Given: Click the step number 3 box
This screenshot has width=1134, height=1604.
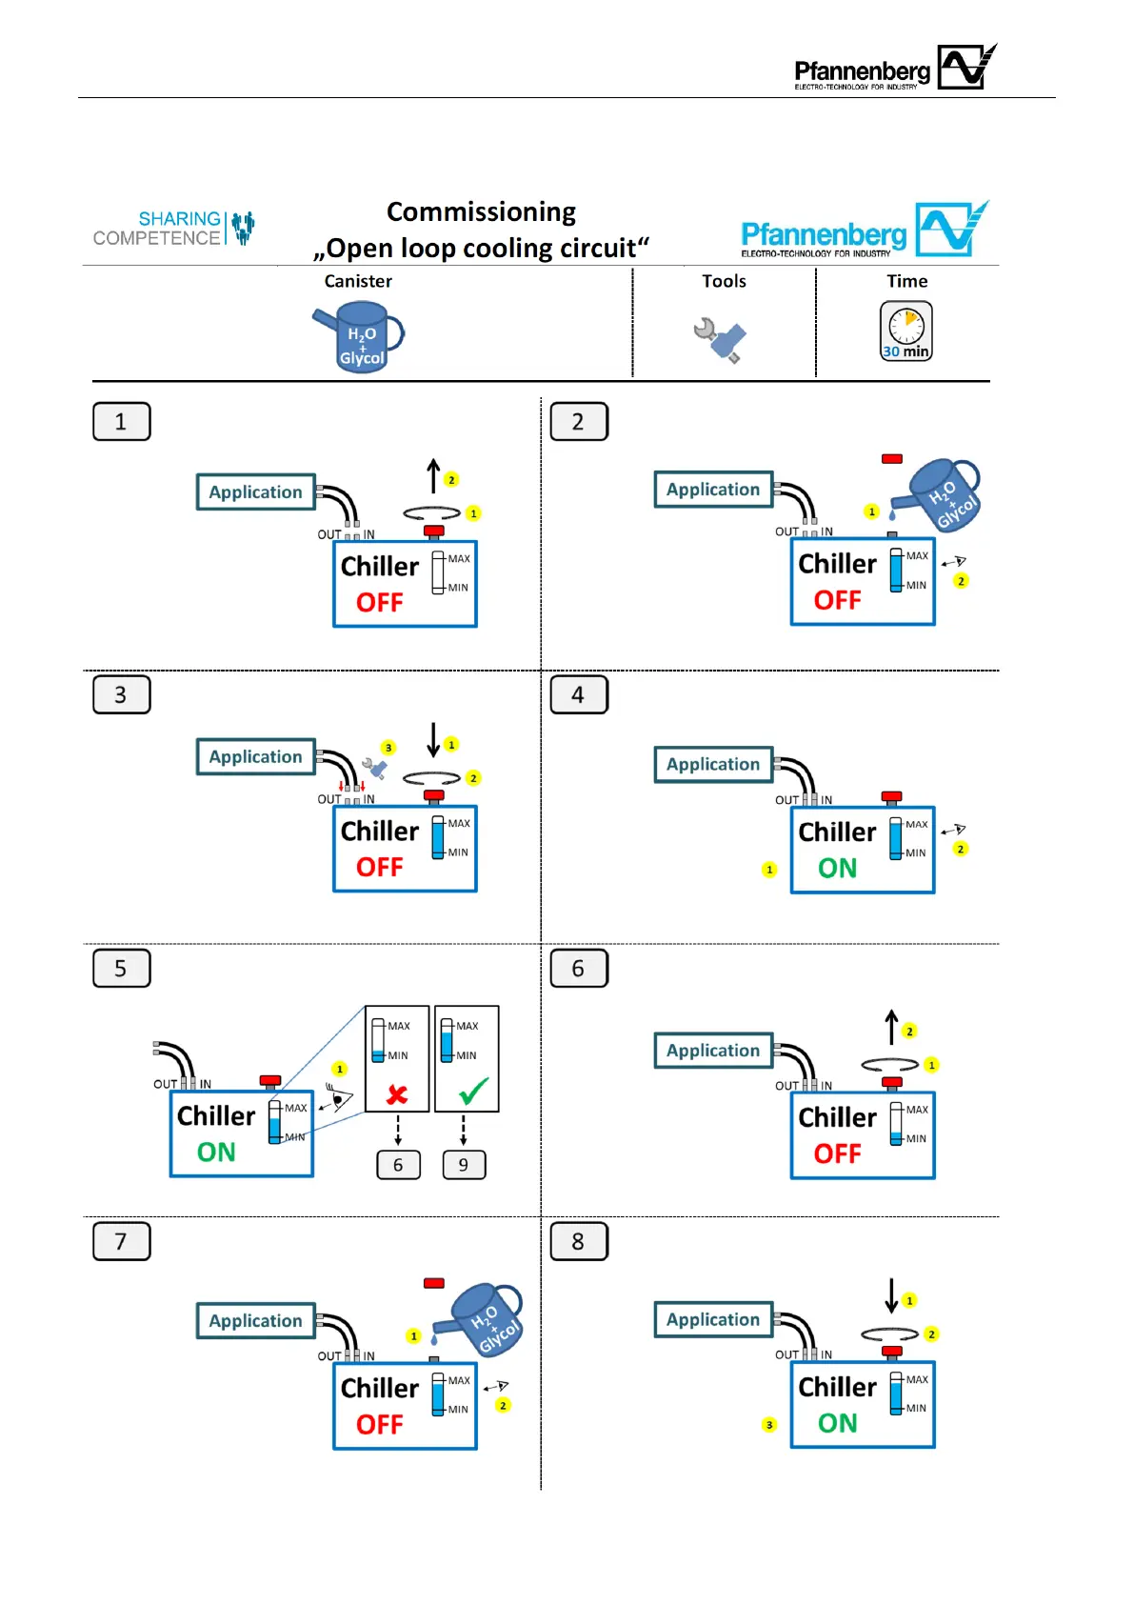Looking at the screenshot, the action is click(x=121, y=694).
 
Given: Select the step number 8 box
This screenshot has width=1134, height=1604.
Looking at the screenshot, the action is click(x=579, y=1242).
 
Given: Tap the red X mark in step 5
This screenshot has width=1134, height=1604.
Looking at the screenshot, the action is click(x=397, y=1094).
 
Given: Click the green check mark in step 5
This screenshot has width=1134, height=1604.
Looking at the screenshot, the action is click(x=473, y=1091).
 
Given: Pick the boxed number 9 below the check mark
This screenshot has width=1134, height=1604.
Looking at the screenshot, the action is click(x=464, y=1165).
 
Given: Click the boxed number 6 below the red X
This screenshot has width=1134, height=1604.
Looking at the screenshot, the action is click(x=398, y=1165).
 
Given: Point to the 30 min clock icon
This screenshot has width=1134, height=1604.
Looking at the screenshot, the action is click(x=906, y=331).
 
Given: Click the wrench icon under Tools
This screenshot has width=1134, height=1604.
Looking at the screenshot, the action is click(x=720, y=339).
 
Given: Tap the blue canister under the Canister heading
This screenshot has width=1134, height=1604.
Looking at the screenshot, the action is click(x=359, y=336).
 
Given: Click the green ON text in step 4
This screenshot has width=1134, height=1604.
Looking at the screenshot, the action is click(x=838, y=869).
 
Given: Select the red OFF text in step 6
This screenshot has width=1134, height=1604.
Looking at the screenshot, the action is click(x=838, y=1154).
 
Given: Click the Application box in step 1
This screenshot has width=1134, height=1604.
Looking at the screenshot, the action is click(x=255, y=491).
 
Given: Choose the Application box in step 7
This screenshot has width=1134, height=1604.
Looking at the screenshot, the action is click(x=255, y=1320).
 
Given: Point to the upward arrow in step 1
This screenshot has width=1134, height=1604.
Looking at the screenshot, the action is click(x=433, y=475).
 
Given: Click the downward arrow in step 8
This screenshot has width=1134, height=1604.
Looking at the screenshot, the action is click(x=891, y=1295).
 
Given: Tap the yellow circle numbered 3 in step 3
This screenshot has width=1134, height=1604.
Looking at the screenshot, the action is click(x=388, y=748).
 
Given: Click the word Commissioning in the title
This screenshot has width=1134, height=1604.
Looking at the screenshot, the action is click(x=481, y=212).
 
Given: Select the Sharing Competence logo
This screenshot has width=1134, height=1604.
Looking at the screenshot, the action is click(x=174, y=229).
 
